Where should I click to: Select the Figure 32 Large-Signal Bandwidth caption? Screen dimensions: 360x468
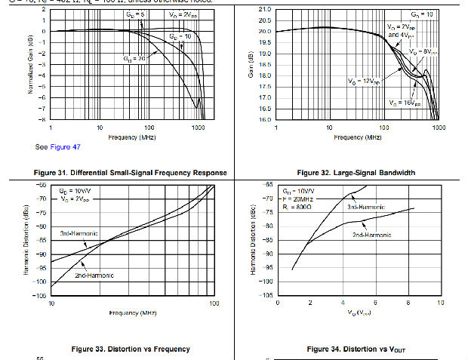(356, 173)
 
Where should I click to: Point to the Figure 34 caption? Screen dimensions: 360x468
(356, 349)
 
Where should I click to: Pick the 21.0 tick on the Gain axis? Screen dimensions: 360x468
(264, 9)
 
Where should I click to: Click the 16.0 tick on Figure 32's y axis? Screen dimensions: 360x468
(264, 119)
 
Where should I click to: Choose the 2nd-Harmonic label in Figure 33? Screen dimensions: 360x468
(94, 275)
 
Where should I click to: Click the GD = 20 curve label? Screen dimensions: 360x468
(133, 57)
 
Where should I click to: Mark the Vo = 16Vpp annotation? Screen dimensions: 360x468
(405, 103)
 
